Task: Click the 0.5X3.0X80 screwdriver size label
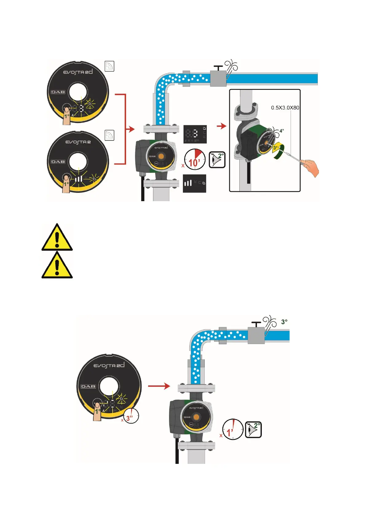point(285,108)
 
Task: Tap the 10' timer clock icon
point(195,159)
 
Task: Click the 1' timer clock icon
point(233,429)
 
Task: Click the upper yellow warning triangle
point(57,237)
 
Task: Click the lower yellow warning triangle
point(57,265)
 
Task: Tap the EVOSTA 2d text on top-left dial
point(78,72)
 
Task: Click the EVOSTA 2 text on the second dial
point(78,142)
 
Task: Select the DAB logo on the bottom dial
point(88,386)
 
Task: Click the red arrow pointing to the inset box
point(222,126)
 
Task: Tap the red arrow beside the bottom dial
point(159,386)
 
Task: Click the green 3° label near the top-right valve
point(284,322)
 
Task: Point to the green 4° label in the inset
point(281,131)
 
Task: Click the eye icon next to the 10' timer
point(217,160)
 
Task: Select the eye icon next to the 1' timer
point(254,429)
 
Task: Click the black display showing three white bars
point(195,184)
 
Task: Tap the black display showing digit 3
point(195,134)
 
